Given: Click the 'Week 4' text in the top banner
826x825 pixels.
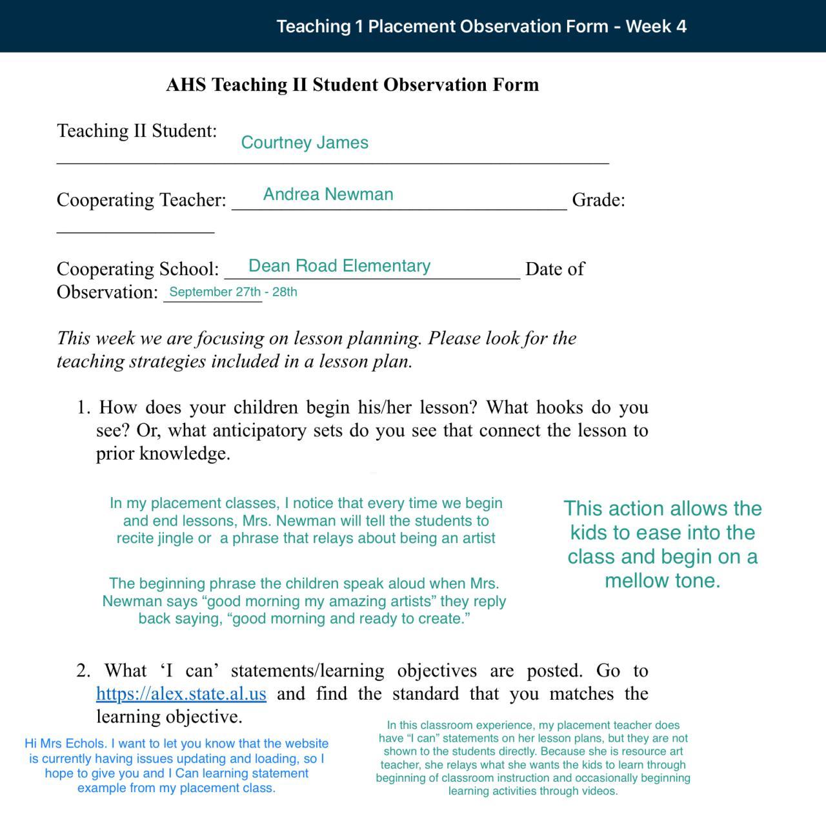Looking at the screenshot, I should pyautogui.click(x=656, y=26).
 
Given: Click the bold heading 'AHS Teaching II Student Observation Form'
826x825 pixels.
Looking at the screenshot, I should pyautogui.click(x=352, y=85).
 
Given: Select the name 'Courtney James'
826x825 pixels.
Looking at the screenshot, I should pyautogui.click(x=305, y=143).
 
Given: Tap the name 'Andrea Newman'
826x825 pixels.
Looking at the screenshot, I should pyautogui.click(x=328, y=194).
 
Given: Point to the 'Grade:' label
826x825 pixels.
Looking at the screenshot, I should pyautogui.click(x=598, y=200).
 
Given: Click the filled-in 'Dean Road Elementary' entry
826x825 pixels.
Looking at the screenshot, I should pyautogui.click(x=339, y=266).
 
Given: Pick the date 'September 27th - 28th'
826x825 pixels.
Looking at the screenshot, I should pyautogui.click(x=233, y=292).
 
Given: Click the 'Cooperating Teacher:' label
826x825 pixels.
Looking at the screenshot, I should pyautogui.click(x=141, y=200).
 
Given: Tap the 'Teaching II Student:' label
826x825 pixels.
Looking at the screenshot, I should pyautogui.click(x=137, y=131).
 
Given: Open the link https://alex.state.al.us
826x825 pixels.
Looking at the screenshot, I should pyautogui.click(x=181, y=694).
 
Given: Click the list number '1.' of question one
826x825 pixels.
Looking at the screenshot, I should pyautogui.click(x=84, y=407).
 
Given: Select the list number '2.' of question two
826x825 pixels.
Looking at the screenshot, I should pyautogui.click(x=83, y=671).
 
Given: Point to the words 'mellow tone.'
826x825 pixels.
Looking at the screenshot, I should pyautogui.click(x=663, y=581).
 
